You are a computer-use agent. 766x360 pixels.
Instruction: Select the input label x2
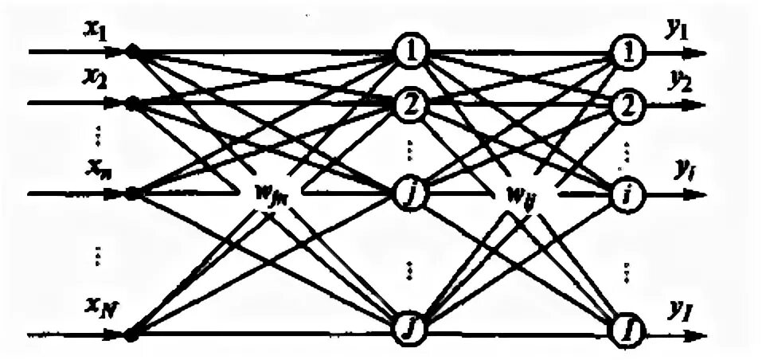pyautogui.click(x=96, y=80)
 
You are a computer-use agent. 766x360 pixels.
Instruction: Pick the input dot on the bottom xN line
pyautogui.click(x=133, y=333)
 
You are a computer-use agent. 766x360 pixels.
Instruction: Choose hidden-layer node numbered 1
pyautogui.click(x=412, y=53)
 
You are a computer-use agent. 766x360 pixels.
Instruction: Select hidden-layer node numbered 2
pyautogui.click(x=412, y=104)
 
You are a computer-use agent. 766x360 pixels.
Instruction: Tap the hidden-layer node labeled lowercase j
pyautogui.click(x=412, y=193)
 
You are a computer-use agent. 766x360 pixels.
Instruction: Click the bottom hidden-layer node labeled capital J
pyautogui.click(x=412, y=327)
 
